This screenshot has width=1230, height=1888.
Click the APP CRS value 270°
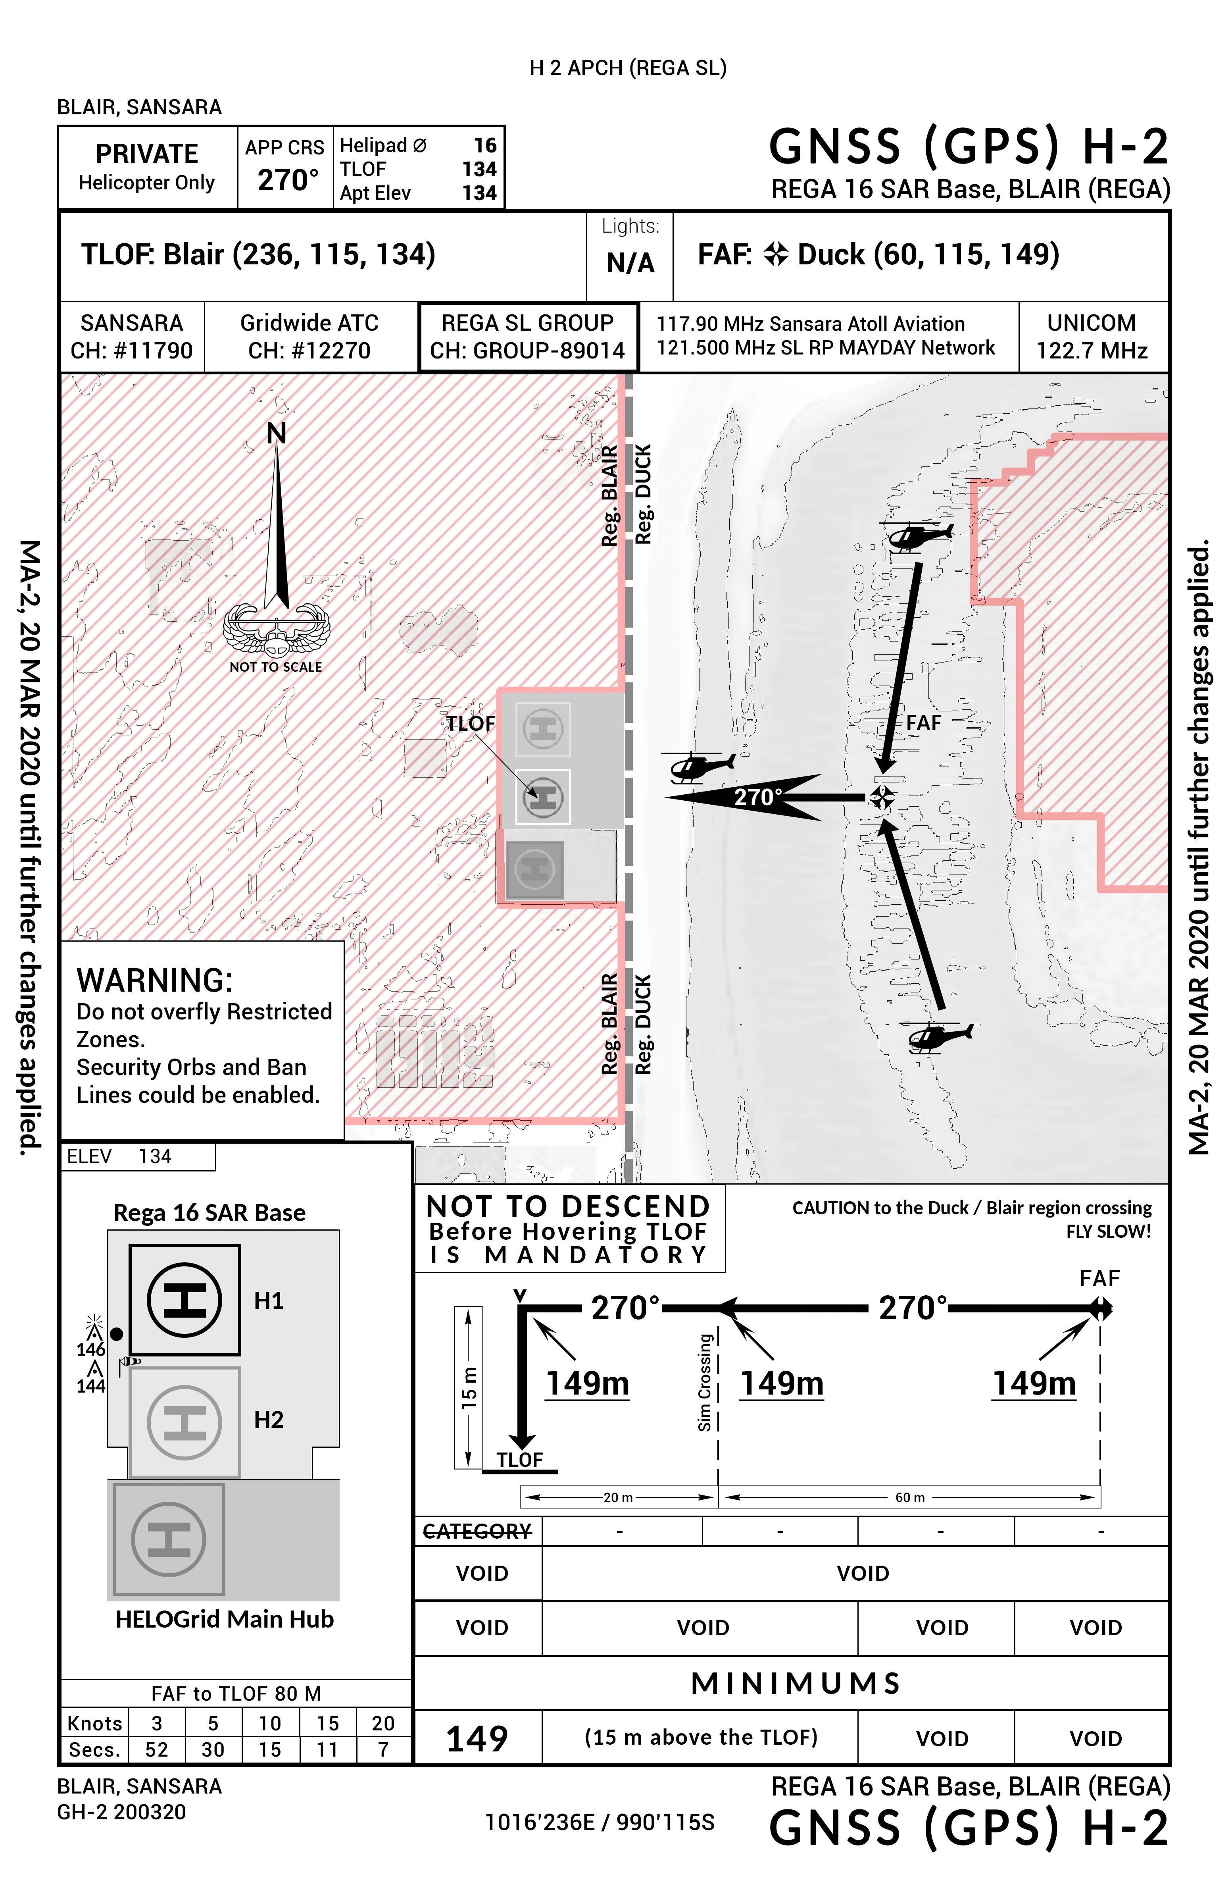click(x=287, y=180)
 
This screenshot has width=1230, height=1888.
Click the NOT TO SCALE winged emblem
click(x=276, y=631)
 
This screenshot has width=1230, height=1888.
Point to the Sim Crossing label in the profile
click(x=704, y=1383)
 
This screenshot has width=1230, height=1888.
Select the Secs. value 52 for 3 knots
click(x=156, y=1749)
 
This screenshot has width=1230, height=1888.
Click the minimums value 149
click(x=477, y=1738)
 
